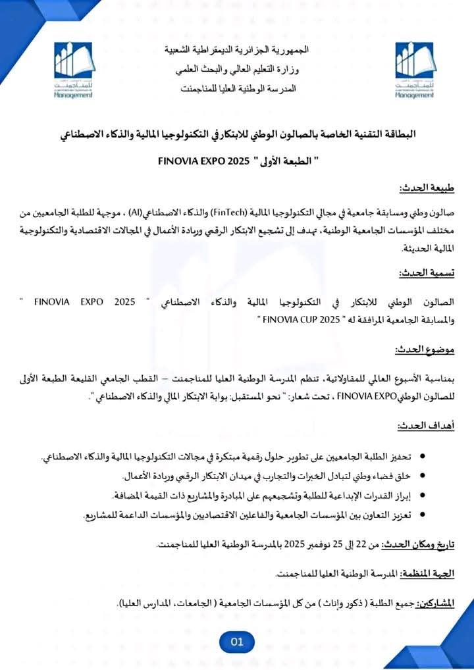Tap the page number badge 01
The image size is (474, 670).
coord(237,641)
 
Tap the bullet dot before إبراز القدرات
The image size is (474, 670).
coord(422,496)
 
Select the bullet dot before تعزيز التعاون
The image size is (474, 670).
coord(422,516)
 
